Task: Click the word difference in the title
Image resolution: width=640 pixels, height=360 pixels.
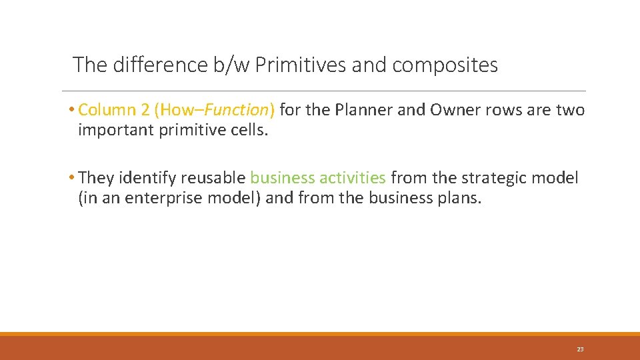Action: coord(152,65)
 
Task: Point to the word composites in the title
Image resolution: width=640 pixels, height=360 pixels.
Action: coord(445,65)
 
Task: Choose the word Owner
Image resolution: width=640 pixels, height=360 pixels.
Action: coord(455,110)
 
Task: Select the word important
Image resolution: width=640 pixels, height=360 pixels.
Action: coord(116,130)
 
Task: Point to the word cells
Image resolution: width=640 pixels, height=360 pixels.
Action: coord(247,130)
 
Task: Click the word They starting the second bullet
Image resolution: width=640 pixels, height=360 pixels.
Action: coord(96,179)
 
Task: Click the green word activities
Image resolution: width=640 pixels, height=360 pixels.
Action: coord(353,179)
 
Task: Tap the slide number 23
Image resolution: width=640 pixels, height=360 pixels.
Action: coord(580,349)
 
